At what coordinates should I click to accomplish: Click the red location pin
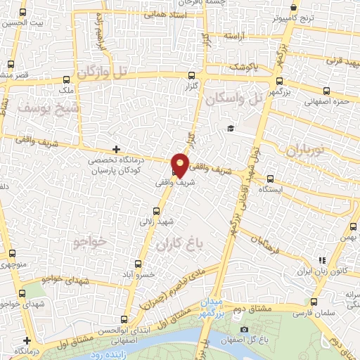point(181,165)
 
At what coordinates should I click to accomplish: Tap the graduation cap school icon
point(230,128)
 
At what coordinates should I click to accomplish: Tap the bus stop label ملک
point(66,91)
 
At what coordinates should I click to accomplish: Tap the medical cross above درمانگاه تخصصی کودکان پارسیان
point(116,149)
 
